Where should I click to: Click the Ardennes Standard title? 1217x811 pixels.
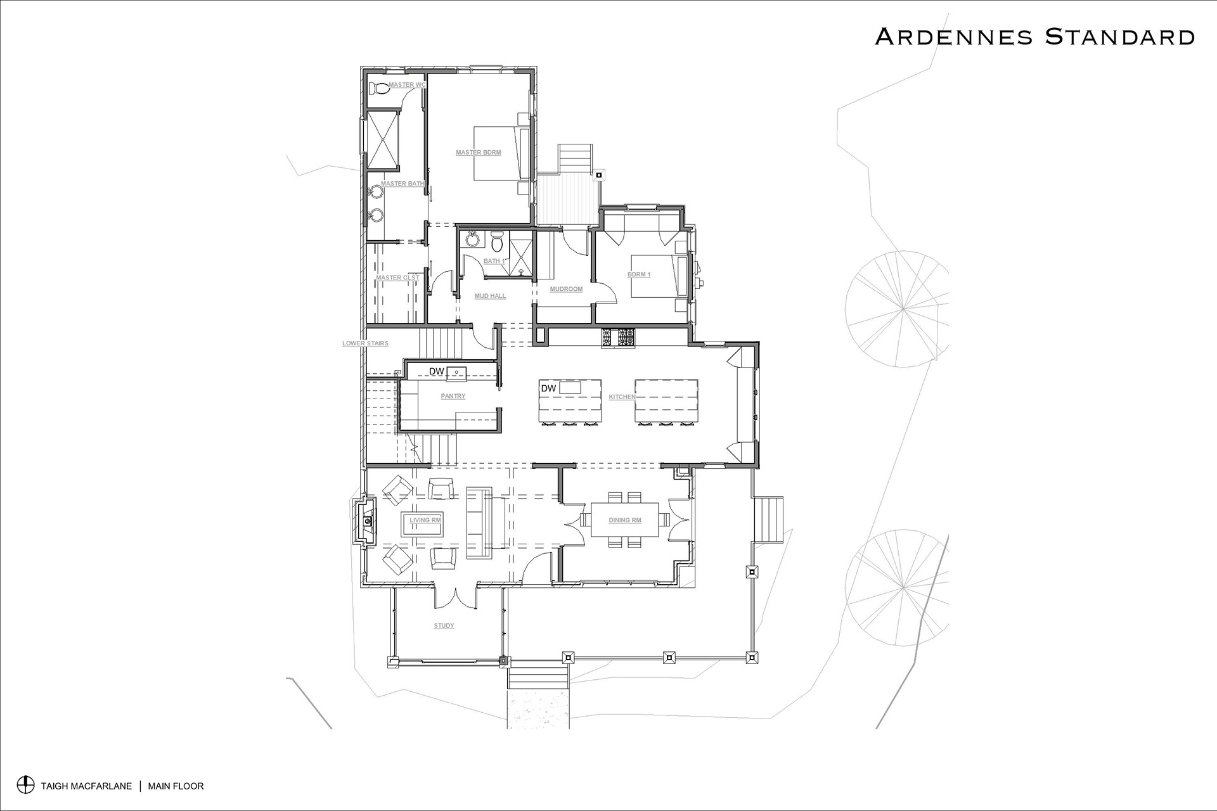pos(1034,36)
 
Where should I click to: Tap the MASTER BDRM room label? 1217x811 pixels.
pos(479,153)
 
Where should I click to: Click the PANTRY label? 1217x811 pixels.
pos(453,396)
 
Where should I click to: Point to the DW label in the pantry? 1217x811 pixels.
pos(436,371)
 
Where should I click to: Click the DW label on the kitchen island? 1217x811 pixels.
pos(548,388)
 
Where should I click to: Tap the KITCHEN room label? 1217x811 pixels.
pos(622,397)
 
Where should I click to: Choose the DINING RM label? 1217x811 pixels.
pos(625,520)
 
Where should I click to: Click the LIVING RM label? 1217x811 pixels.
pos(425,520)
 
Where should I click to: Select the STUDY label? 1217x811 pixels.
pos(444,626)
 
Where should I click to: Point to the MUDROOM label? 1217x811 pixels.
pos(566,289)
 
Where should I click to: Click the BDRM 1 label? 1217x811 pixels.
pos(639,274)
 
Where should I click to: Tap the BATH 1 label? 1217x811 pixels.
pos(494,261)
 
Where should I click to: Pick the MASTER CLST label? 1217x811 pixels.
pos(397,278)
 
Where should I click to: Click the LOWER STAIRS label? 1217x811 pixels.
pos(365,343)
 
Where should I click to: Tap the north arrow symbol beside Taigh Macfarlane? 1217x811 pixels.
pos(25,785)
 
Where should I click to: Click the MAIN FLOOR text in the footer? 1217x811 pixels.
pos(176,786)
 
